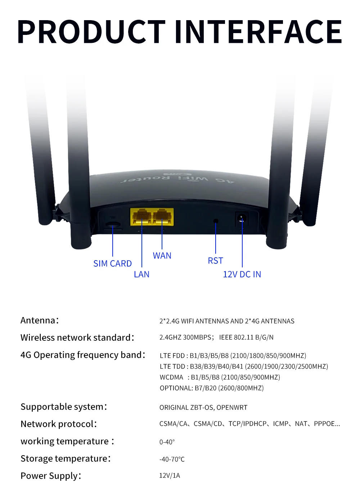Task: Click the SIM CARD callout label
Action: (x=112, y=264)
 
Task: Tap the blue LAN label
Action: (x=141, y=275)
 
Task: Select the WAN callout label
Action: (x=162, y=256)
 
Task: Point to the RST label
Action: (x=215, y=261)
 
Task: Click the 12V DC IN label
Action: (x=242, y=275)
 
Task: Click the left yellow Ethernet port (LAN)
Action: (x=141, y=217)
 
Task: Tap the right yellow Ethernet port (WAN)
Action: (x=162, y=217)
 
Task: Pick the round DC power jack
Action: (x=241, y=218)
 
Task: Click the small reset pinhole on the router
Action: (x=216, y=221)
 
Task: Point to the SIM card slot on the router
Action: (x=112, y=225)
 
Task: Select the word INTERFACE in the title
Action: (x=258, y=32)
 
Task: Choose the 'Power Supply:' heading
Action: (x=51, y=476)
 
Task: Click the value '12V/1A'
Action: (x=170, y=476)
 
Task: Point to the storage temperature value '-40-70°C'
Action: (x=172, y=459)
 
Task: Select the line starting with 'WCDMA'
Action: (x=220, y=377)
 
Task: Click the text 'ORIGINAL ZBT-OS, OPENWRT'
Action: (x=203, y=407)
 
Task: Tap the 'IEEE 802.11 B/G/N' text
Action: (x=246, y=338)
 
